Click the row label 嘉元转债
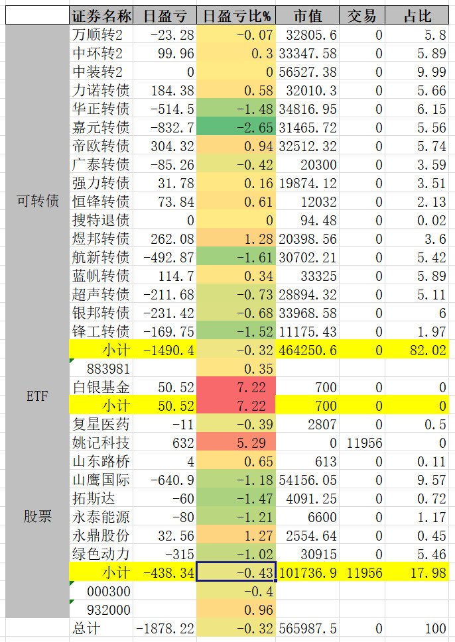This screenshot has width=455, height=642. [101, 127]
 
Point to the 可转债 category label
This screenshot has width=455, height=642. [37, 201]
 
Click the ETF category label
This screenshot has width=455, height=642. [37, 396]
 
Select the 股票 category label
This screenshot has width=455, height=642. [37, 516]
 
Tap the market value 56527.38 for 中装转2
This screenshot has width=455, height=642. [308, 72]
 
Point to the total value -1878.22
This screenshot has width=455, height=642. [165, 628]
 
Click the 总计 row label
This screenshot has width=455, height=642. [101, 628]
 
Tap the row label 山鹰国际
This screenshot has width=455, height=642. [101, 480]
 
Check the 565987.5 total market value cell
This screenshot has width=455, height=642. [308, 628]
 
